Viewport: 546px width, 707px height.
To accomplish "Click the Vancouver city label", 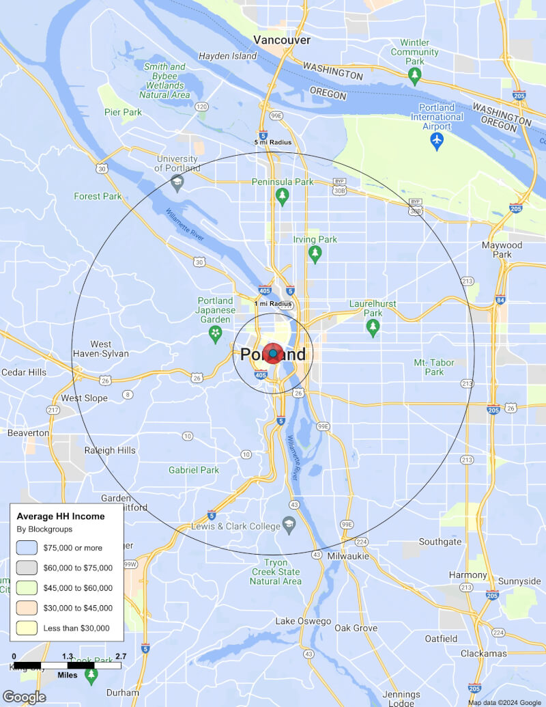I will pos(282,40).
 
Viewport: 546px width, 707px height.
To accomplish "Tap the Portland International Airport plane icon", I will pos(437,141).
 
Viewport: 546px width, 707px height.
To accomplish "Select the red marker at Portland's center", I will pos(273,353).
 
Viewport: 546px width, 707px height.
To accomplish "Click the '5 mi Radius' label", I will pos(273,142).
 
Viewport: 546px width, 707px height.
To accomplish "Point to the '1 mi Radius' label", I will pos(273,303).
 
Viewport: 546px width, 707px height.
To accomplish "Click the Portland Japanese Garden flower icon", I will pos(216,333).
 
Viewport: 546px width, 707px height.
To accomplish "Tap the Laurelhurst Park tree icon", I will pos(373,328).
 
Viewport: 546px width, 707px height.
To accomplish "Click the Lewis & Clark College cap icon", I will pos(289,526).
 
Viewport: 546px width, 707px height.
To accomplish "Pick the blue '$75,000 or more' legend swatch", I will pos(27,547).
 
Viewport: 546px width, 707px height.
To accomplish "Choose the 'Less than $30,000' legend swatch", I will pos(27,628).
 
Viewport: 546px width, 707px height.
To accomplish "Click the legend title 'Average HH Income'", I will pos(61,516).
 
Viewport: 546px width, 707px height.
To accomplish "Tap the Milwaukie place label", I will pos(348,556).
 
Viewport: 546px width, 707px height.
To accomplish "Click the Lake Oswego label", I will pos(303,622).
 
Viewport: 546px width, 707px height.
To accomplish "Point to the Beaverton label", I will pos(28,433).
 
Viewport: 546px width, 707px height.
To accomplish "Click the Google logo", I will pos(24,697).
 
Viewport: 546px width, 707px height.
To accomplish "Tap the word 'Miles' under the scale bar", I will pos(67,675).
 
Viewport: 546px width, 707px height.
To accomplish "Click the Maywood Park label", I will pos(502,249).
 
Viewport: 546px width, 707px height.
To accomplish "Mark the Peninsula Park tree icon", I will pos(282,197).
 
